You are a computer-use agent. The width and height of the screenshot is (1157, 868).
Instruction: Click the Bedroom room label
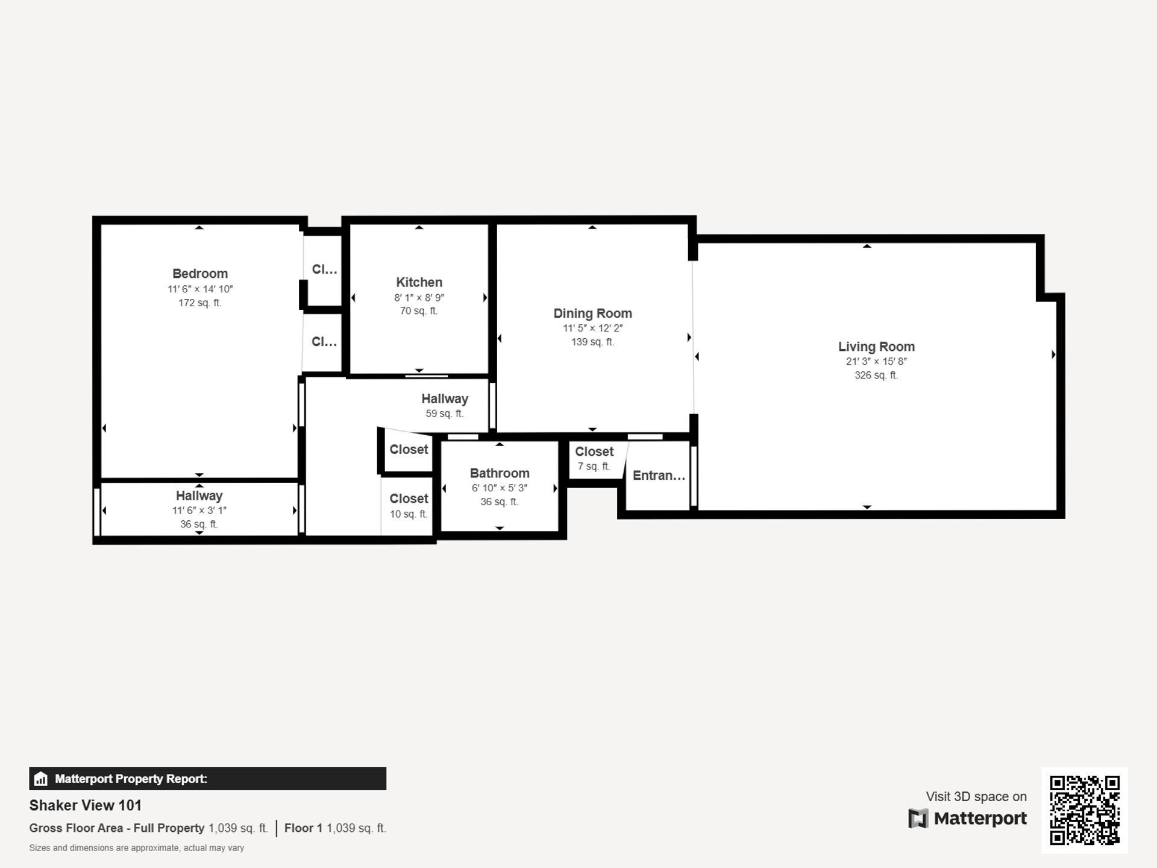200,274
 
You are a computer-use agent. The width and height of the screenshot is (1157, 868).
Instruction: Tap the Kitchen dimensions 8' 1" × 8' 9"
419,298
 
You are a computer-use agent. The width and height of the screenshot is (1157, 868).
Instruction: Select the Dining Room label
592,313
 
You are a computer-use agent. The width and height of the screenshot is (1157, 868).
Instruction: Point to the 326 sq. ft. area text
876,375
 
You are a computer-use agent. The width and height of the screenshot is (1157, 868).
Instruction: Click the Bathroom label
500,473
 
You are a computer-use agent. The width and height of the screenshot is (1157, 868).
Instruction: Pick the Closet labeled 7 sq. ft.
594,452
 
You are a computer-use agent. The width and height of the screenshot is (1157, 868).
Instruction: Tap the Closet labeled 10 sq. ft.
409,499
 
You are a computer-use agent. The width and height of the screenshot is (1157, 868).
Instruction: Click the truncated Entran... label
659,476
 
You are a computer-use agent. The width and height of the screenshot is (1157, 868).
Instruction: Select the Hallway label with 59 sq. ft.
444,399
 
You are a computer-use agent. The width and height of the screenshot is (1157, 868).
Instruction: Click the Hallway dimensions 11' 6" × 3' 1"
199,511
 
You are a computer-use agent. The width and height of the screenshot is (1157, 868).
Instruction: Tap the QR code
1084,810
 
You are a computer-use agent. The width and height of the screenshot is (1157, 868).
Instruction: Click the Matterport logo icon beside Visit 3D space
918,819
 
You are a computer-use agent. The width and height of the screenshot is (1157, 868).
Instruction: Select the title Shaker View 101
85,805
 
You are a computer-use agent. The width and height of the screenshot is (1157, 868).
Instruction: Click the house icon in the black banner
41,779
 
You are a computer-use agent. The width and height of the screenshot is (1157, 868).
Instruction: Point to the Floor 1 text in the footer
303,828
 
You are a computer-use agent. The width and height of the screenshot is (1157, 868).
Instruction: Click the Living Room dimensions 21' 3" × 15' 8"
876,362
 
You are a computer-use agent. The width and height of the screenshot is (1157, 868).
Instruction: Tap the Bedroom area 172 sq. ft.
199,303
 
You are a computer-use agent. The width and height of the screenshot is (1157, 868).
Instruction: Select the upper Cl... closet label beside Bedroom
324,269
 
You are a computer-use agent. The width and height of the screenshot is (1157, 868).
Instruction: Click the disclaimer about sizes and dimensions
136,848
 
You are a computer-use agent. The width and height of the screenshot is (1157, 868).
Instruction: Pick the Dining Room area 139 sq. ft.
592,342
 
